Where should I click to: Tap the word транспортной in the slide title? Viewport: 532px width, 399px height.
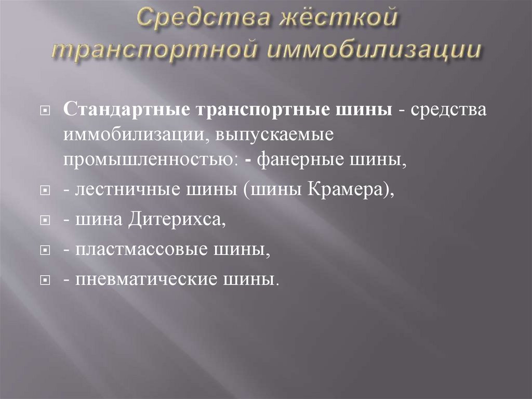(x=155, y=49)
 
